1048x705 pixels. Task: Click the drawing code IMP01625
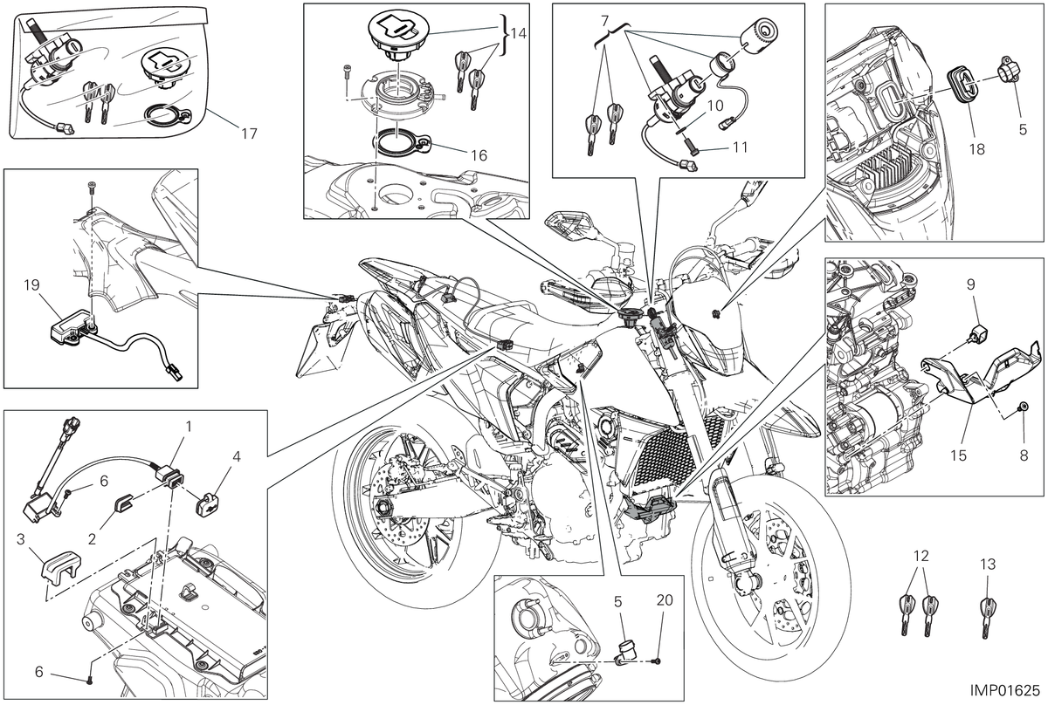pos(1004,690)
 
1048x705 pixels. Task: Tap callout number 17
pos(250,134)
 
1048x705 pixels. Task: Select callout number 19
pos(31,284)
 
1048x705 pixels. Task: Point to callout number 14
pos(519,33)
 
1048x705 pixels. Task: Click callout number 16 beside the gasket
pos(479,155)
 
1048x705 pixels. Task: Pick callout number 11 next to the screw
pos(740,147)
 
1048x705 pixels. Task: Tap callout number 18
pos(977,149)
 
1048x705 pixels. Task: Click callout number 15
pos(958,455)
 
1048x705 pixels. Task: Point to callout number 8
pos(1024,455)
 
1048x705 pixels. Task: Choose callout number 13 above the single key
pos(988,565)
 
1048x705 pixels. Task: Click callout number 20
pos(665,599)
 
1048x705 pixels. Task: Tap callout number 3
pos(20,539)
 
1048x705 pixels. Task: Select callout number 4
pos(237,456)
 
